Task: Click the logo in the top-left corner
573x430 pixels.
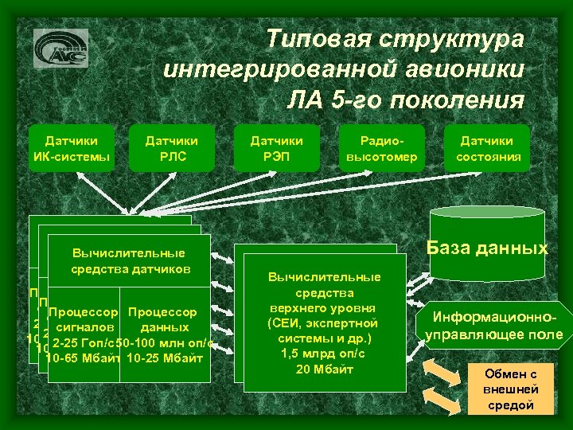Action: [x=61, y=49]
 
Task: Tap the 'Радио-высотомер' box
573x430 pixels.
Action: [x=377, y=149]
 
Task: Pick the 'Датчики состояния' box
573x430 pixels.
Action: [x=488, y=149]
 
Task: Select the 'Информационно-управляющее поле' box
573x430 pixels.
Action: [x=493, y=326]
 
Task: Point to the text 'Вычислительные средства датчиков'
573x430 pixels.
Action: [x=128, y=260]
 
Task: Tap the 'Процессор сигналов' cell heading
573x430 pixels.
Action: [x=84, y=319]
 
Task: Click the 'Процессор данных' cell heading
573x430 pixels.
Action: [x=163, y=319]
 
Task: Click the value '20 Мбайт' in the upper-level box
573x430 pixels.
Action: [x=323, y=369]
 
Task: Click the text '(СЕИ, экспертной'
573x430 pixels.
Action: [x=323, y=322]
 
